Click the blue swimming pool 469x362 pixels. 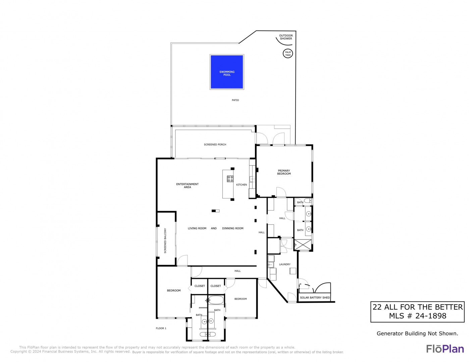tap(227, 72)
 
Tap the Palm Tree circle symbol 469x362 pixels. tap(288, 54)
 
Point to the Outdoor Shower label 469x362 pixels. tap(286, 37)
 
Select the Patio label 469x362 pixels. tap(235, 100)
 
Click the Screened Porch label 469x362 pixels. tap(215, 144)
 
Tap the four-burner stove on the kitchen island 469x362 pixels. tap(230, 179)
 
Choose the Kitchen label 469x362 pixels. tap(241, 185)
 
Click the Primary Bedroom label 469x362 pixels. tap(284, 172)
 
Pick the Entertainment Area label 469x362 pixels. tap(187, 186)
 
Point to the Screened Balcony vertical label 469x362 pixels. tap(165, 240)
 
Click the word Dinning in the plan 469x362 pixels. tap(227, 228)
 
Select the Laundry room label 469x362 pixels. tap(284, 264)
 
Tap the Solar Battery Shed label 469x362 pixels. tap(315, 298)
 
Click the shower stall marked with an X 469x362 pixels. tap(303, 245)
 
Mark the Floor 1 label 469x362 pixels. tap(161, 328)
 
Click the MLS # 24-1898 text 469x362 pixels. tap(417, 316)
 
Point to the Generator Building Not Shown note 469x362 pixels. tap(417, 333)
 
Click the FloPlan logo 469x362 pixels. tap(445, 349)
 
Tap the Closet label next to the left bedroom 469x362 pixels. tap(199, 286)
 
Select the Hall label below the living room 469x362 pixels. tap(238, 271)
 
